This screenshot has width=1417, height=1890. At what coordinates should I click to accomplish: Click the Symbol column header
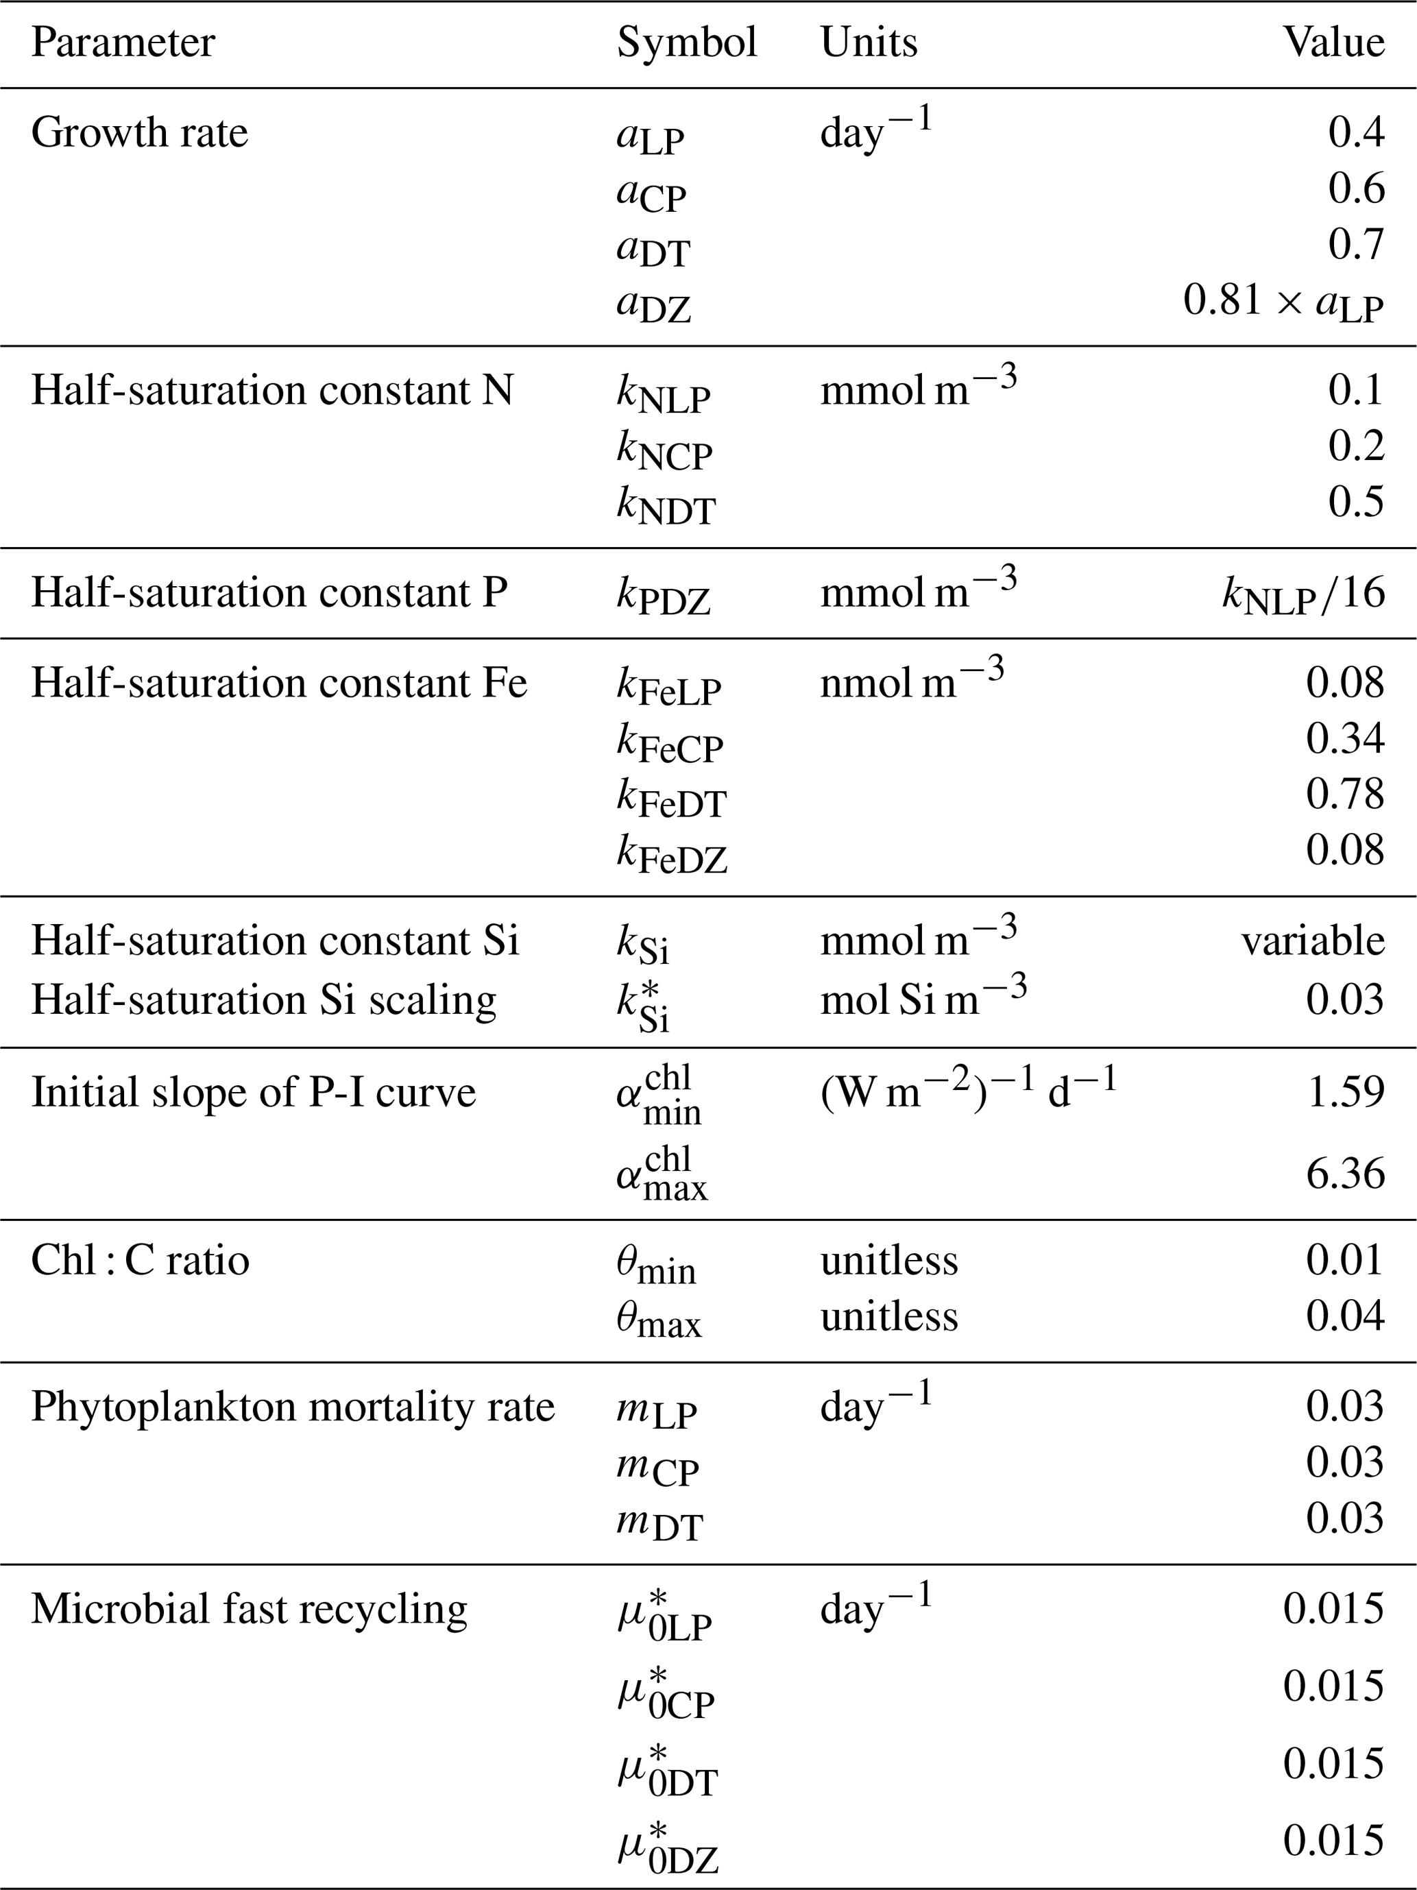686,43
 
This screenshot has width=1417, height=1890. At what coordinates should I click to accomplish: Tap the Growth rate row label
139,133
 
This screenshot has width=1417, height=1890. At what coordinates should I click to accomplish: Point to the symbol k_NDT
665,504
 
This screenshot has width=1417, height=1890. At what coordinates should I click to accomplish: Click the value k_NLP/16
1303,594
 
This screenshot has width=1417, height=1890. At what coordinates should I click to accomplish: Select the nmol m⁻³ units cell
911,682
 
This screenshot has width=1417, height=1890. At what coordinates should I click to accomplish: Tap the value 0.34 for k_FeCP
1344,738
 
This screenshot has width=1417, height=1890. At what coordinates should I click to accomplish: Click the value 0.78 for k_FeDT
1344,794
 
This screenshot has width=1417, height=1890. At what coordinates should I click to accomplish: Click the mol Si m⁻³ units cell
923,998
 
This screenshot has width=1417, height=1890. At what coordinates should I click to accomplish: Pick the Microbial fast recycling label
249,1610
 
